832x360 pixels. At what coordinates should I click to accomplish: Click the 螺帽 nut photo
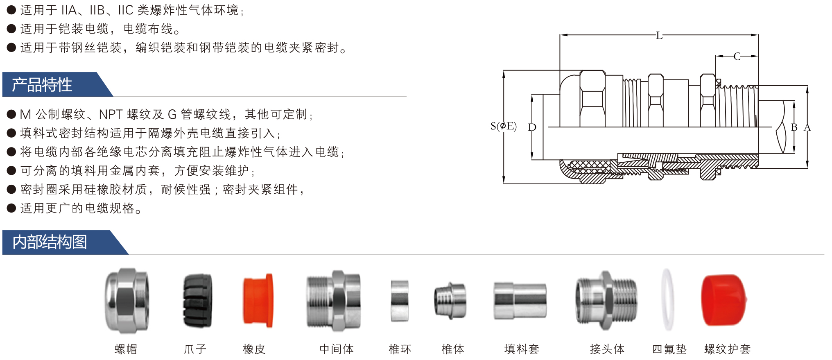click(x=127, y=301)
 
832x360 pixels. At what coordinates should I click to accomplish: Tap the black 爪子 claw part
click(x=197, y=301)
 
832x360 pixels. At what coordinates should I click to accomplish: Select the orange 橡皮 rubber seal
click(x=258, y=301)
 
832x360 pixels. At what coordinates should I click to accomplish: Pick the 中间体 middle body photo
click(x=334, y=301)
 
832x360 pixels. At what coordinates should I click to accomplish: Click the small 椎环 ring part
click(x=400, y=301)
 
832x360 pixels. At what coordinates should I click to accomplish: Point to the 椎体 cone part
click(x=450, y=301)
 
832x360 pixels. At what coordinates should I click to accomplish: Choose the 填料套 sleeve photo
click(x=520, y=301)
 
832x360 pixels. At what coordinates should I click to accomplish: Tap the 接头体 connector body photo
click(x=607, y=301)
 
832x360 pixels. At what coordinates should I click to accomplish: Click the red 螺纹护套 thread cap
click(x=723, y=300)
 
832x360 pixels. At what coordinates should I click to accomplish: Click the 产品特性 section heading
click(x=42, y=85)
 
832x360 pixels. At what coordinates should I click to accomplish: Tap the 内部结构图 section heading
click(x=50, y=242)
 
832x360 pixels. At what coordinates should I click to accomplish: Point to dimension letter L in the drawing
click(x=659, y=36)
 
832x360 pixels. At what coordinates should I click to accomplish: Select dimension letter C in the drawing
click(x=737, y=57)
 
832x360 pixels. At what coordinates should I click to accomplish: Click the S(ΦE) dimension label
click(x=504, y=126)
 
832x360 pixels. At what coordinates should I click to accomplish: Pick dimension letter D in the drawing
click(x=532, y=127)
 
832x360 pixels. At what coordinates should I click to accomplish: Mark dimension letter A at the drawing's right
click(x=807, y=127)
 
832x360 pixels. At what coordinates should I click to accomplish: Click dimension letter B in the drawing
click(x=794, y=127)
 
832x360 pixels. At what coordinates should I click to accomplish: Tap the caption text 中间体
click(x=337, y=349)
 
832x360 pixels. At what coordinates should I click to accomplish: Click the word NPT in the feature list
click(x=111, y=114)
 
